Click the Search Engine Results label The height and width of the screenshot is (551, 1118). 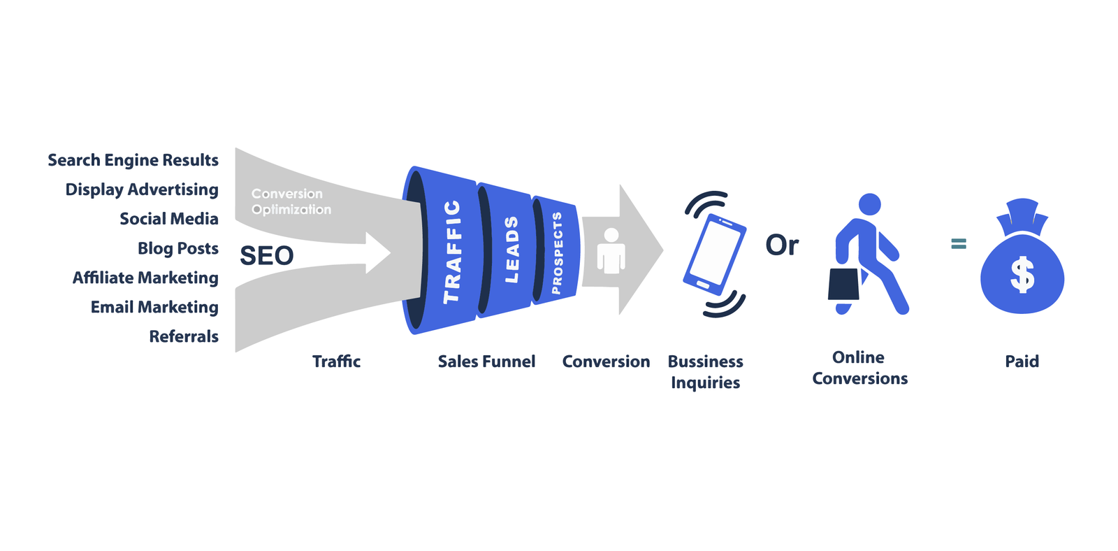[133, 160]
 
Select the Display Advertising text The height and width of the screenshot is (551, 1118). [142, 189]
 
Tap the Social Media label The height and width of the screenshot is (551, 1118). [168, 219]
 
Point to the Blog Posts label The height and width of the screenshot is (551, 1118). [177, 248]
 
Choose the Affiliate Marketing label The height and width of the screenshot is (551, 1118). [145, 278]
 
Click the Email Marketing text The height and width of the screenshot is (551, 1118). [154, 307]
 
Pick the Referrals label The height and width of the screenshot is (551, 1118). [184, 336]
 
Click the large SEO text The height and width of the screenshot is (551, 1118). [266, 256]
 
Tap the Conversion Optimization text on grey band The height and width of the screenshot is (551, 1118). [291, 201]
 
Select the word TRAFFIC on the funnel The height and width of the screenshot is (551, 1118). [452, 252]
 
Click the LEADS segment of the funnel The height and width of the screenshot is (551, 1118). [511, 250]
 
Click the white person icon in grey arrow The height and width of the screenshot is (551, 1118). [611, 250]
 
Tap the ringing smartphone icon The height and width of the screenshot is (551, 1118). [714, 254]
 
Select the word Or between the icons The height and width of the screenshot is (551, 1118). [781, 245]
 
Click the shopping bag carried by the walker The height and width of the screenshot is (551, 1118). [843, 284]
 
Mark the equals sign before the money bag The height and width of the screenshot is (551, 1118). [959, 243]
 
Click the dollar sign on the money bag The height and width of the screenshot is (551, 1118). [1022, 274]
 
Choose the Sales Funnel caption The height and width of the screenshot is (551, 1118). [486, 362]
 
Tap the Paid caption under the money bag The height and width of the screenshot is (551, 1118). [1022, 362]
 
